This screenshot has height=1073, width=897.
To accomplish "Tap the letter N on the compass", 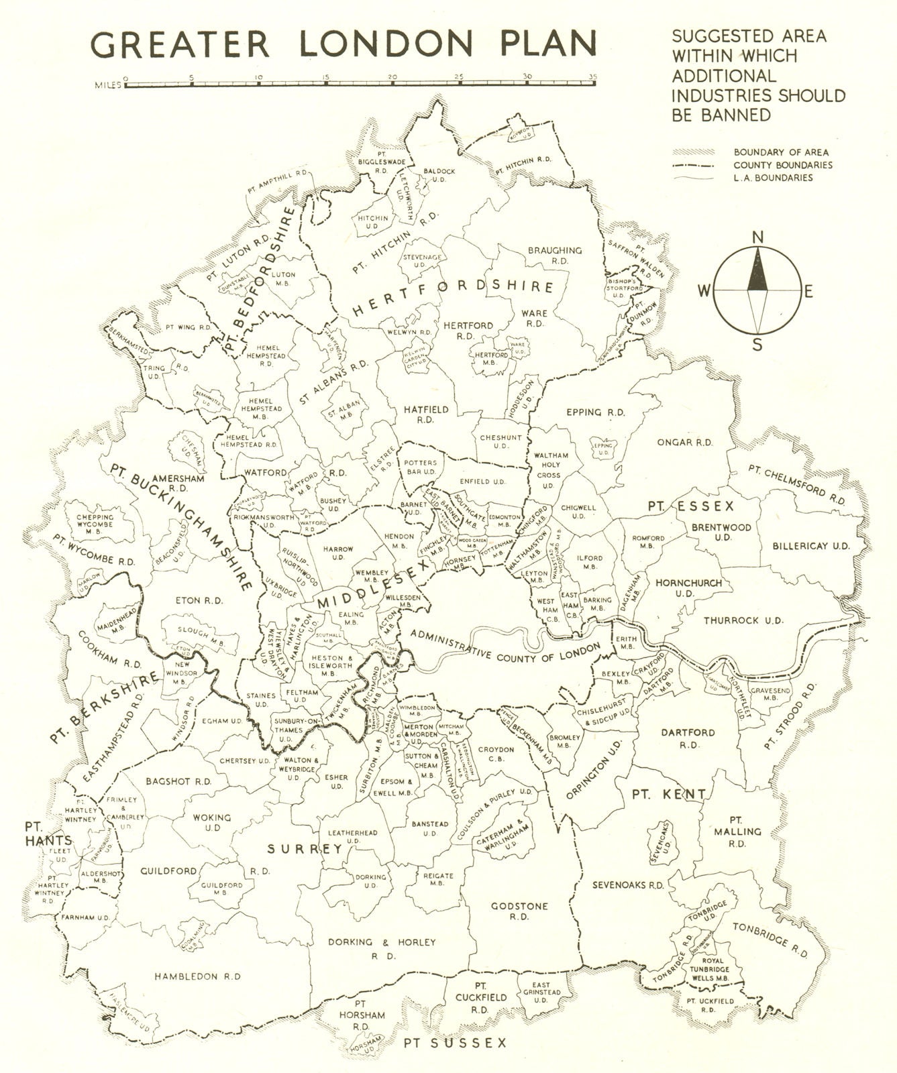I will [758, 237].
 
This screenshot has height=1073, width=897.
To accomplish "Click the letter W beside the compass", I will [704, 290].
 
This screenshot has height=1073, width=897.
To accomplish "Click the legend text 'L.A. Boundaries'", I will [773, 178].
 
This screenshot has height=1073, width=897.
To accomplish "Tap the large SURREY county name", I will [305, 849].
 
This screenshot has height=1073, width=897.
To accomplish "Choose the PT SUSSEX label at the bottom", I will [455, 1043].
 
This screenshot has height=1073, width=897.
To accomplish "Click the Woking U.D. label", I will [212, 822].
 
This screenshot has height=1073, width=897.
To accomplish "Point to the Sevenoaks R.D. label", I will [628, 885].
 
